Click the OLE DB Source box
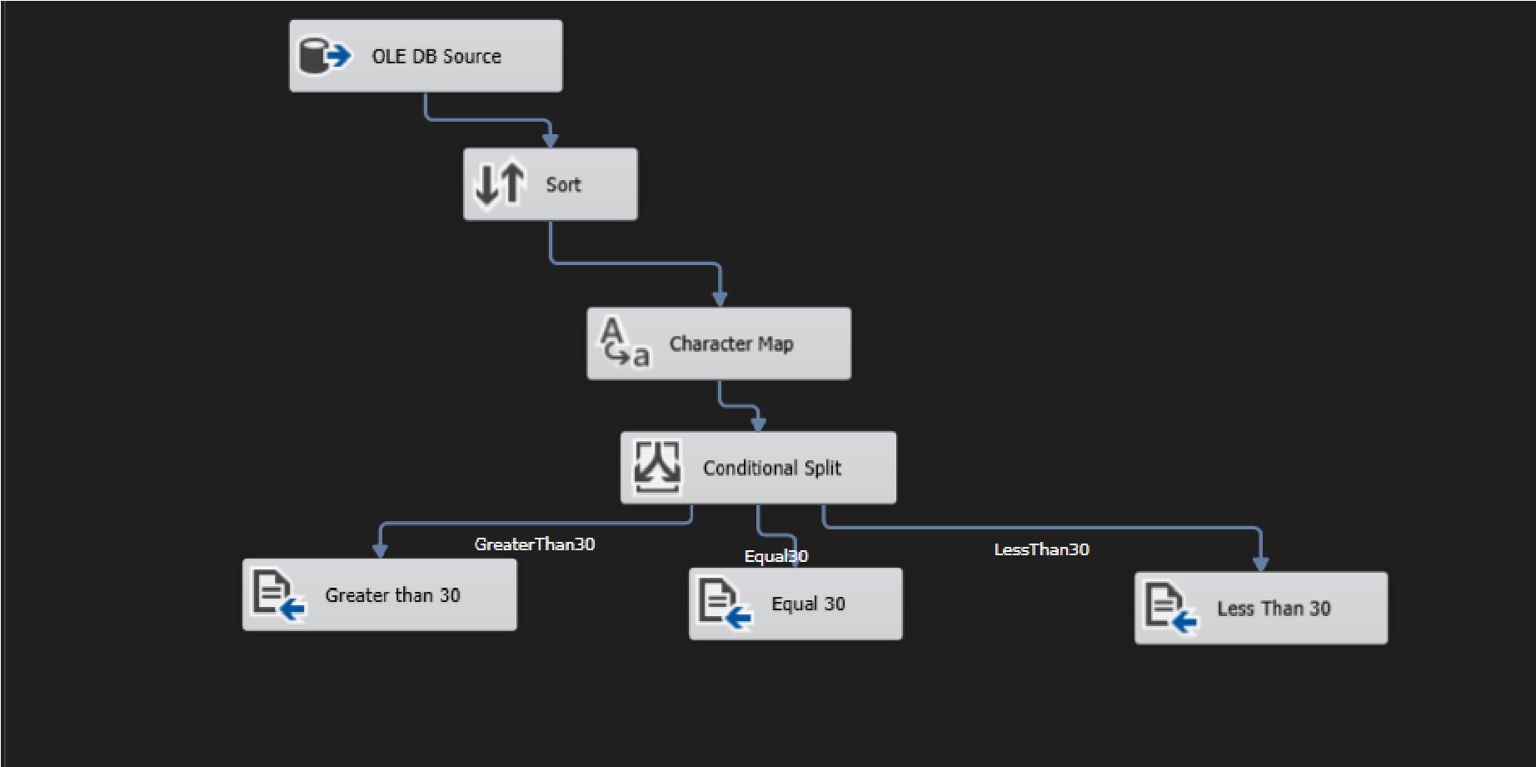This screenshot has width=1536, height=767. point(426,56)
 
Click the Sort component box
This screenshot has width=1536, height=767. point(550,184)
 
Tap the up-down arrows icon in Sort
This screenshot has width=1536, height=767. point(500,183)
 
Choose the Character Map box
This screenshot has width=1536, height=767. point(719,343)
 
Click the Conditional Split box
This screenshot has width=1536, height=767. point(758,467)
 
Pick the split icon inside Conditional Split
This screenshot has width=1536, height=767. point(657,467)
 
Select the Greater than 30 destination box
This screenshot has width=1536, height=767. point(379,594)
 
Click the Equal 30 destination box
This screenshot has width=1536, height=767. point(795,604)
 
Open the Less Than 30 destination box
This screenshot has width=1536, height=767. point(1260,608)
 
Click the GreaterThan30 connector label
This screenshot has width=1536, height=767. point(534,544)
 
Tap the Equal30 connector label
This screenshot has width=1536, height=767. point(775,556)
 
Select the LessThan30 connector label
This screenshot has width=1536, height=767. point(1041,549)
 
